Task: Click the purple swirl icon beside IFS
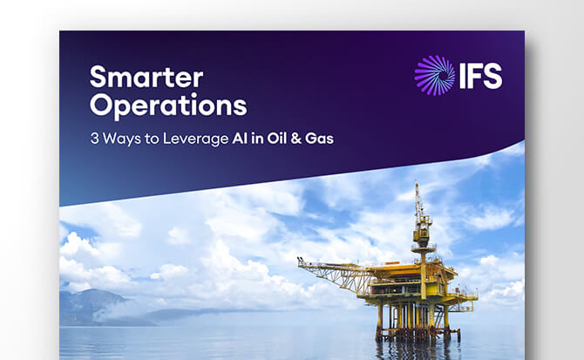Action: point(434,75)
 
